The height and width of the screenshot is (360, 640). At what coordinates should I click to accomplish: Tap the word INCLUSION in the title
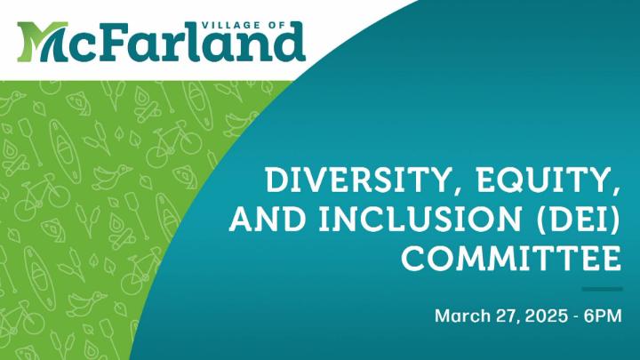(420, 219)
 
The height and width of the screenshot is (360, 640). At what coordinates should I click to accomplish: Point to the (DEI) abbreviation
(579, 220)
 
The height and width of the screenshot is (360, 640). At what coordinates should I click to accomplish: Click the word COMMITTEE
(511, 258)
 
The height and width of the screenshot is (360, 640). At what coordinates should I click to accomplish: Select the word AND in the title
(268, 219)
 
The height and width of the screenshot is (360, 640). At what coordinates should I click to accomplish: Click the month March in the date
(462, 316)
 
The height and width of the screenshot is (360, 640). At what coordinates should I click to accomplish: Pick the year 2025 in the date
(546, 316)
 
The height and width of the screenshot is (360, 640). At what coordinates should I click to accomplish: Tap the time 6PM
(603, 316)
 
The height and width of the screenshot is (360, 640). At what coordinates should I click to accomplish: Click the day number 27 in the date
(508, 316)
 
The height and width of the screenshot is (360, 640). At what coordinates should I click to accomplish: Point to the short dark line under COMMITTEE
(602, 289)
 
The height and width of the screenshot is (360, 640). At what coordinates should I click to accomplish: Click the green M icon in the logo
(42, 42)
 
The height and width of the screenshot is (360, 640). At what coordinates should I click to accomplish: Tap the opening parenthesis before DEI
(540, 220)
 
